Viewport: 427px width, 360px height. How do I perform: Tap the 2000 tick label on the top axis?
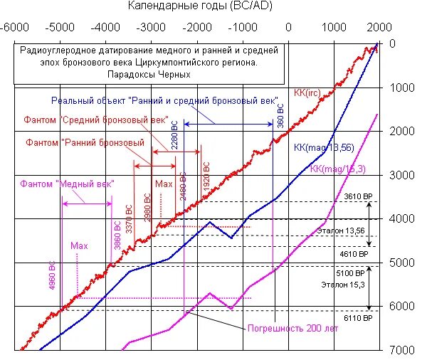(378, 28)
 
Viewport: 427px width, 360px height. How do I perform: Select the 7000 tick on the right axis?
(402, 351)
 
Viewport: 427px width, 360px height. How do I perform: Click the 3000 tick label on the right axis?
(402, 175)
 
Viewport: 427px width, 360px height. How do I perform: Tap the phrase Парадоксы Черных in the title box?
(149, 74)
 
